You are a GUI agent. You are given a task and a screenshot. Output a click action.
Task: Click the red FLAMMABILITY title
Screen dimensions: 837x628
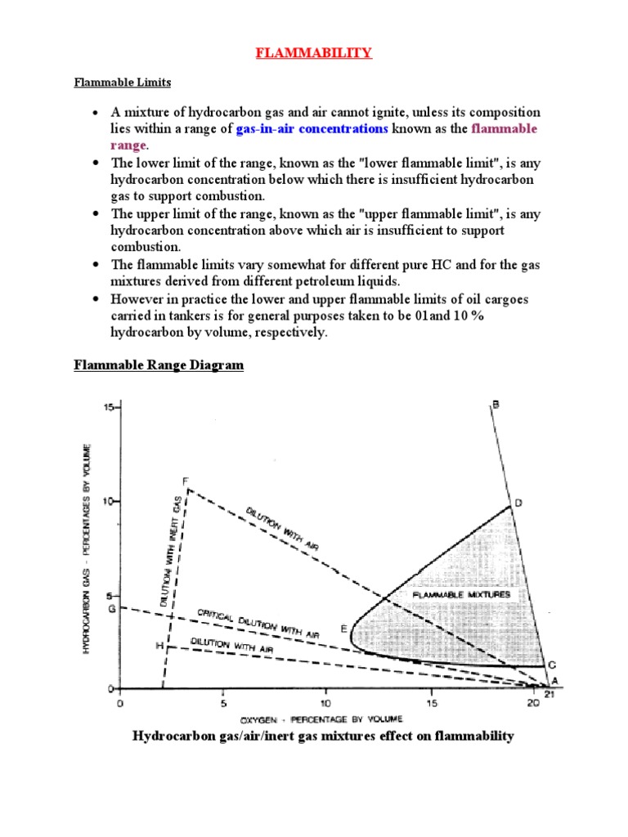click(314, 53)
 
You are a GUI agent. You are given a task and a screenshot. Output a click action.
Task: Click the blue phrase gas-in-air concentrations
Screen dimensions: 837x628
click(312, 129)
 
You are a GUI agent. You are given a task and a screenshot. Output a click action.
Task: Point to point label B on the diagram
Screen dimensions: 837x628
click(496, 402)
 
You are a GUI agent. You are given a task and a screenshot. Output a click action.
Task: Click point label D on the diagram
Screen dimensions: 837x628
click(518, 504)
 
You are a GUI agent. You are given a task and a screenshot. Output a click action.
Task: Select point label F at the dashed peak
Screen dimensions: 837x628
click(185, 481)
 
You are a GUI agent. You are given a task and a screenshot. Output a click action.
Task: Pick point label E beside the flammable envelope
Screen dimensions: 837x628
click(344, 629)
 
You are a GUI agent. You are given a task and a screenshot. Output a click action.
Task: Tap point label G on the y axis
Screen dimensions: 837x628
click(112, 608)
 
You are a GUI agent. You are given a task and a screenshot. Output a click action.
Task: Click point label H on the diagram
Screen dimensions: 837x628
click(159, 646)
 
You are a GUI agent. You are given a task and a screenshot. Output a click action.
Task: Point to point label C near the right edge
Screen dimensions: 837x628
click(552, 665)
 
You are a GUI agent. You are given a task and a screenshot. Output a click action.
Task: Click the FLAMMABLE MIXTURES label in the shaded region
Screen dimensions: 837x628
click(461, 595)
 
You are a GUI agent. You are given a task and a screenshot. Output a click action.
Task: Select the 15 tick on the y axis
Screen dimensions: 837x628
click(109, 406)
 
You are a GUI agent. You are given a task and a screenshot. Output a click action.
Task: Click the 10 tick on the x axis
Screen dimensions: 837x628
click(326, 702)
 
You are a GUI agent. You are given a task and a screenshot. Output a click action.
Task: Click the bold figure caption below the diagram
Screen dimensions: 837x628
click(323, 736)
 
